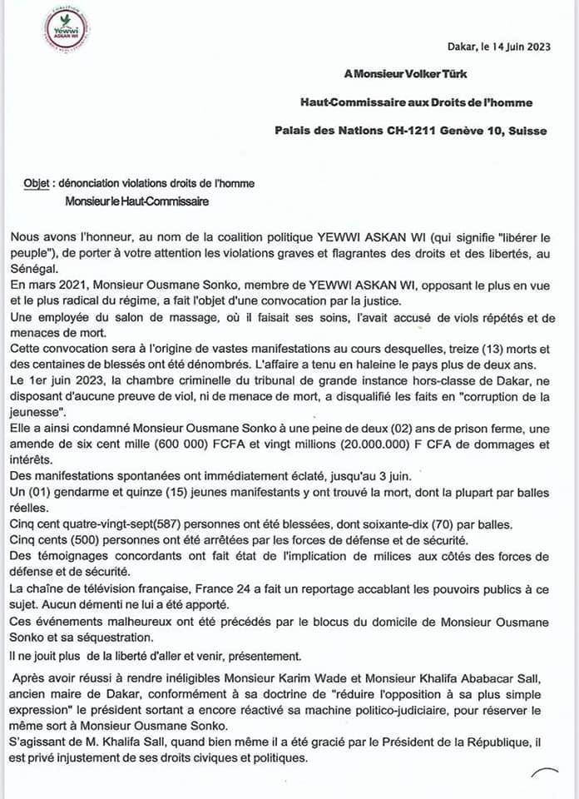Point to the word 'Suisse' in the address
(x=526, y=131)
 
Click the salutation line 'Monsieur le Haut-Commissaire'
(x=136, y=201)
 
